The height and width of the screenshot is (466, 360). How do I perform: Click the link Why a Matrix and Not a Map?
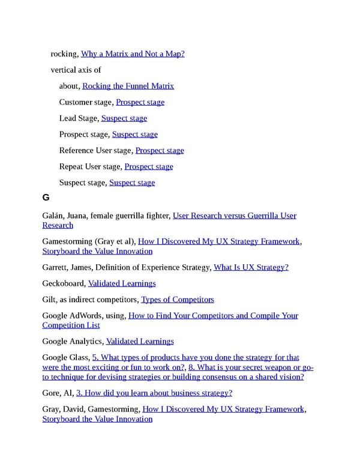(133, 54)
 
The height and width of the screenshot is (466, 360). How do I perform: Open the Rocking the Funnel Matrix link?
(128, 86)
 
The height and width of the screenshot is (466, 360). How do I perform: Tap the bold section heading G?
(46, 198)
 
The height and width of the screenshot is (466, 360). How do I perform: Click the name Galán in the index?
(53, 216)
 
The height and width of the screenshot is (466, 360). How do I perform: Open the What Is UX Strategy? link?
(251, 267)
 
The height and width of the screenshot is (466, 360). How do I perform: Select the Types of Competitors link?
(177, 299)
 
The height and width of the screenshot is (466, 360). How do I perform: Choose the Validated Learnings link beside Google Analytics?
(140, 341)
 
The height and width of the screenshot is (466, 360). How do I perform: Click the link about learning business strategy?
(154, 393)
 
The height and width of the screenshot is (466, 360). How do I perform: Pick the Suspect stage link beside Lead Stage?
(124, 118)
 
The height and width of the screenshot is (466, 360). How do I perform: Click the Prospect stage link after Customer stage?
(140, 102)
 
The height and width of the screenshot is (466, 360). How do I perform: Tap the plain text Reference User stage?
(95, 150)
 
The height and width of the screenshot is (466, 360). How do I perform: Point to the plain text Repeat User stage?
(89, 166)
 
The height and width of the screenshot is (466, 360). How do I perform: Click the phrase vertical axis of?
(76, 70)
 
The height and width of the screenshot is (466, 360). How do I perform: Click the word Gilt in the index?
(49, 299)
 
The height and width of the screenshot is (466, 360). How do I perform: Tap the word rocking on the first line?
(64, 54)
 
